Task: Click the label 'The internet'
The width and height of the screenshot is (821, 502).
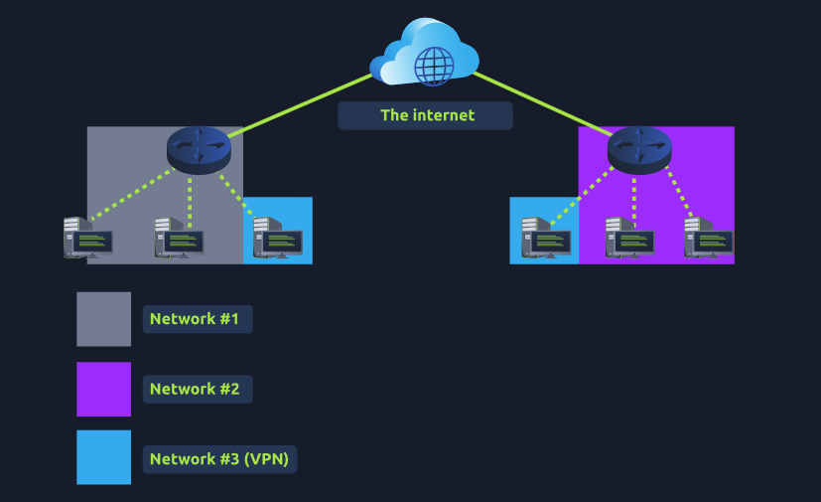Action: [426, 115]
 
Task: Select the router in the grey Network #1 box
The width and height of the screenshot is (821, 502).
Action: [199, 148]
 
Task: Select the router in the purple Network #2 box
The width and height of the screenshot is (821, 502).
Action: [639, 148]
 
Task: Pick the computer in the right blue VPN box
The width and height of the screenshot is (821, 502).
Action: [545, 239]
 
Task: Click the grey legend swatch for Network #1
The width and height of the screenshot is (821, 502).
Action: [104, 319]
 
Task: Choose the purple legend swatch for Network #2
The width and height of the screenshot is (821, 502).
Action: [104, 389]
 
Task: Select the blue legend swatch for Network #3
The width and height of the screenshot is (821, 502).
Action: [104, 457]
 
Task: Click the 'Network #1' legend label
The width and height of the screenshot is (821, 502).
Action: [196, 319]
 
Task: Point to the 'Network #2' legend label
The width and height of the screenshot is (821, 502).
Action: [196, 389]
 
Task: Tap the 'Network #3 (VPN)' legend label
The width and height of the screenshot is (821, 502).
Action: [220, 459]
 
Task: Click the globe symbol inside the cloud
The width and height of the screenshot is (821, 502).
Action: [434, 66]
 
